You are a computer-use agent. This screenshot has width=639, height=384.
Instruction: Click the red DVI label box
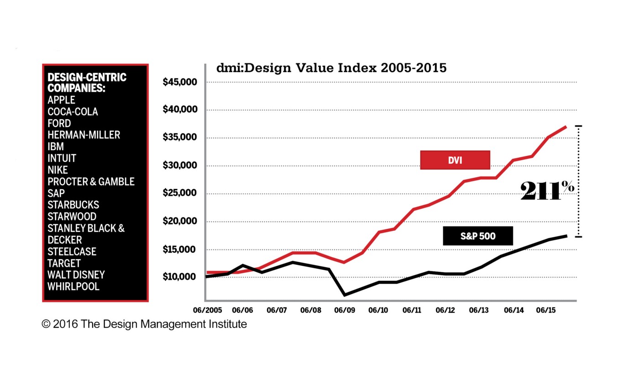pyautogui.click(x=455, y=160)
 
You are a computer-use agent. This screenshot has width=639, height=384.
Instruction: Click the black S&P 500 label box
pyautogui.click(x=478, y=236)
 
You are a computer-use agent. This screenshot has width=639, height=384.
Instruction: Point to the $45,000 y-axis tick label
pyautogui.click(x=180, y=82)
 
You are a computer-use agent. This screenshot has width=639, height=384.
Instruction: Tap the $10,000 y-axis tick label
pyautogui.click(x=180, y=277)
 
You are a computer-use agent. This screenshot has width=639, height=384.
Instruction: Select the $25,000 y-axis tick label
pyautogui.click(x=180, y=193)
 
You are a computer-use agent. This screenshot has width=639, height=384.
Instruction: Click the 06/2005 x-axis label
pyautogui.click(x=208, y=310)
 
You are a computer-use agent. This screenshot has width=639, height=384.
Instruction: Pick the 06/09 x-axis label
pyautogui.click(x=345, y=310)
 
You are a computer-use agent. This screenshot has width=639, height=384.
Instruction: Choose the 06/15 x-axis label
pyautogui.click(x=545, y=310)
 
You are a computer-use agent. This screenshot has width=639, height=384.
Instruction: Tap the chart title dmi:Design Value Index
pyautogui.click(x=331, y=69)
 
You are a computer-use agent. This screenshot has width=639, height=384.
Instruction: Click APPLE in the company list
pyautogui.click(x=61, y=100)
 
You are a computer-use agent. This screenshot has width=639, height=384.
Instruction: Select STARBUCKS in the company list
pyautogui.click(x=73, y=205)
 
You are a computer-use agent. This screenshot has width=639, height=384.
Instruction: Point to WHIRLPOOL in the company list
pyautogui.click(x=73, y=286)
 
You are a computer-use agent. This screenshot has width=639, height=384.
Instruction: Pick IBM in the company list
pyautogui.click(x=56, y=146)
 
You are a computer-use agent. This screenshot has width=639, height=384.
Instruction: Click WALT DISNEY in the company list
pyautogui.click(x=76, y=275)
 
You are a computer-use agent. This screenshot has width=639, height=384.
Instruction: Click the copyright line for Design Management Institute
pyautogui.click(x=144, y=324)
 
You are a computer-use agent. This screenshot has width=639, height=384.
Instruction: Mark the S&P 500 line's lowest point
pyautogui.click(x=344, y=295)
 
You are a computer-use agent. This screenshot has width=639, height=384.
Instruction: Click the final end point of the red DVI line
pyautogui.click(x=566, y=126)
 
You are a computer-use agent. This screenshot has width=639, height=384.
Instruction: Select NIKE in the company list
pyautogui.click(x=58, y=170)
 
